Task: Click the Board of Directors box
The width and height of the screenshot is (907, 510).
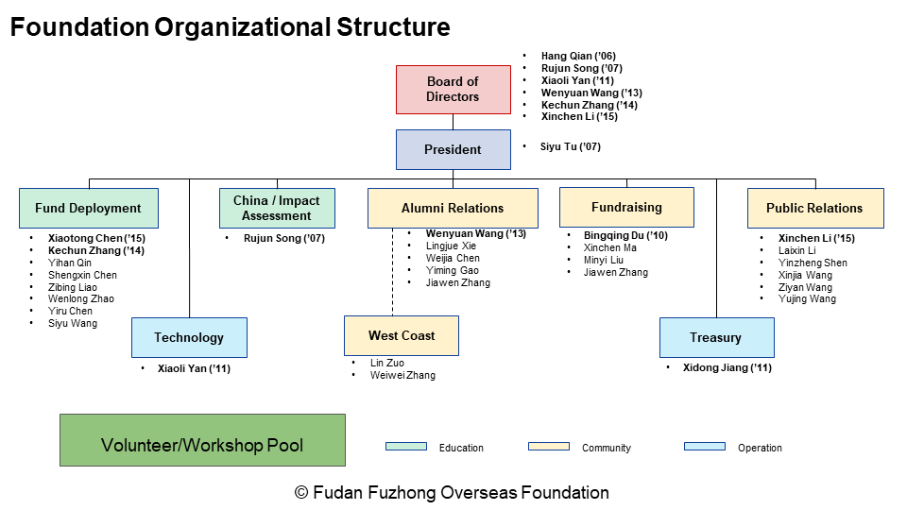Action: (x=453, y=90)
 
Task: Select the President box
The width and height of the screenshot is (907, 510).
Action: (x=453, y=149)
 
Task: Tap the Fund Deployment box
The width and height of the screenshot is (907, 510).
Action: (x=88, y=208)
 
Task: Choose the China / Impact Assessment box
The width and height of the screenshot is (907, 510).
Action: (x=276, y=208)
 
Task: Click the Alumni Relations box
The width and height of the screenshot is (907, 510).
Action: (x=453, y=208)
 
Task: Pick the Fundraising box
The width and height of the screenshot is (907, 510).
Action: (x=626, y=207)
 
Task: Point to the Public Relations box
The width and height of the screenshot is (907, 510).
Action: (x=814, y=208)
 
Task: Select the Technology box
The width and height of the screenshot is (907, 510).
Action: (x=189, y=337)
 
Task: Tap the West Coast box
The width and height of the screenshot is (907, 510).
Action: (x=402, y=335)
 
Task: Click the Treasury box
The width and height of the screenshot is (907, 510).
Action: (x=716, y=337)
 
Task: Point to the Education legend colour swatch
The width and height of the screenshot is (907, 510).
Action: (x=406, y=447)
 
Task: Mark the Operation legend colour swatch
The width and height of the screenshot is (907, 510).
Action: (x=704, y=447)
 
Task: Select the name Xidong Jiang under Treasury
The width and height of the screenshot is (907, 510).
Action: (x=727, y=367)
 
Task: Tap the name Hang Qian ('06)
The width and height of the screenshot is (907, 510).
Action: (x=578, y=57)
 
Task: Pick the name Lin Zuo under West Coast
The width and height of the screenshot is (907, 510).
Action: (x=386, y=363)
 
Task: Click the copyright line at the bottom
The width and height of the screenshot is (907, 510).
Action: (x=453, y=492)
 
